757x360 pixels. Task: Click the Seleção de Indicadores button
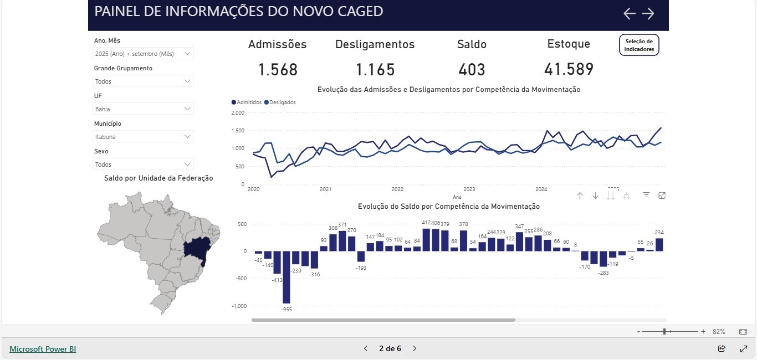click(x=639, y=45)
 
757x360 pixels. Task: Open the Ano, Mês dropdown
click(x=143, y=54)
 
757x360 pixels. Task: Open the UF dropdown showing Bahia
click(x=143, y=109)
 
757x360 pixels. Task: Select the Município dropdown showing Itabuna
click(x=143, y=137)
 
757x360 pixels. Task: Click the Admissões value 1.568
click(x=278, y=70)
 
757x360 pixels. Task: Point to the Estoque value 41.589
click(x=569, y=69)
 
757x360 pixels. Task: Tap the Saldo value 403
click(x=472, y=70)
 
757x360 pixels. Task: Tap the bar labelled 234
click(x=659, y=244)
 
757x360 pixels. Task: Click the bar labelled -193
click(x=361, y=256)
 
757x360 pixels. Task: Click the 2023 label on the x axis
click(x=469, y=189)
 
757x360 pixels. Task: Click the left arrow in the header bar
click(x=629, y=14)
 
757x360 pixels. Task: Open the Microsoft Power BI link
click(x=43, y=349)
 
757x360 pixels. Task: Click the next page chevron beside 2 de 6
click(x=415, y=348)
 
